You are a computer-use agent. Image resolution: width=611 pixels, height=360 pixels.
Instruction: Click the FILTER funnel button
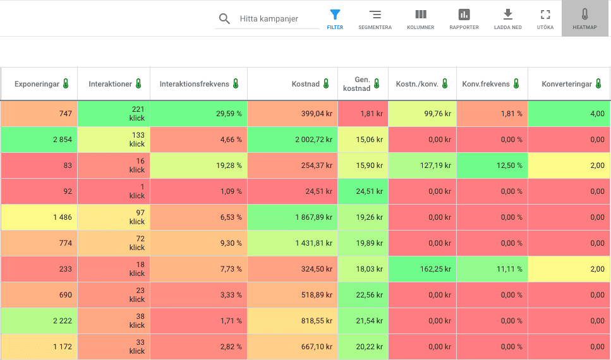click(x=335, y=19)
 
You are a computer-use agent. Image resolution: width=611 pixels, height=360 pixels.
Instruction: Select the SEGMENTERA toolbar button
click(x=375, y=19)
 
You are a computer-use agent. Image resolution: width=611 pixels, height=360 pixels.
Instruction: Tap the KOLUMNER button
click(x=420, y=19)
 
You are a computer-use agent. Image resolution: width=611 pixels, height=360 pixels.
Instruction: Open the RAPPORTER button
click(x=464, y=19)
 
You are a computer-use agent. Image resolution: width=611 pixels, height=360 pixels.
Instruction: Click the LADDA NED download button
click(x=508, y=19)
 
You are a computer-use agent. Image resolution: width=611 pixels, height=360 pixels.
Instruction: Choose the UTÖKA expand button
click(x=545, y=19)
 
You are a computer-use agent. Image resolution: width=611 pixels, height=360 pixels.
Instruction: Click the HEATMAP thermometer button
click(x=584, y=19)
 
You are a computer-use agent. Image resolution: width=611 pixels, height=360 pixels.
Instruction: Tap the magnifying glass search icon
click(x=224, y=19)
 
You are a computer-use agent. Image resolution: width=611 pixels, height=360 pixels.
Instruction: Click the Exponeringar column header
click(x=37, y=84)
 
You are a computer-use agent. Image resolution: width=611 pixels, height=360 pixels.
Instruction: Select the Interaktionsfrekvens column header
click(x=194, y=84)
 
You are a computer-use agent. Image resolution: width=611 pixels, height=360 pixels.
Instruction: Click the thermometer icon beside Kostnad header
click(x=326, y=84)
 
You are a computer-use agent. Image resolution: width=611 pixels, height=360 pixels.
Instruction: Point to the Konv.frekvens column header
click(x=485, y=84)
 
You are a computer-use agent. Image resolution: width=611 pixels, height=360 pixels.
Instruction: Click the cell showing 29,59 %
click(x=199, y=114)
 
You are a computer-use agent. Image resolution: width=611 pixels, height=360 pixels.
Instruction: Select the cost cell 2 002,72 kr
click(x=293, y=140)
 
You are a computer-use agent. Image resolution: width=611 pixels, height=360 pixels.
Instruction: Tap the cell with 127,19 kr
click(x=423, y=165)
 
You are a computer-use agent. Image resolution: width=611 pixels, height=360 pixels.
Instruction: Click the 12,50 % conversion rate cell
click(x=492, y=165)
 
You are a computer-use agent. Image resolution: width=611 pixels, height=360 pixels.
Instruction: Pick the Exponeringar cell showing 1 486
click(x=39, y=217)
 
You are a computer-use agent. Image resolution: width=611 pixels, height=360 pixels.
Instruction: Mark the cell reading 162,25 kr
click(x=423, y=269)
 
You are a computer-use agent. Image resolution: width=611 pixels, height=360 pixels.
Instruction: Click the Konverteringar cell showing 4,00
click(x=569, y=114)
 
